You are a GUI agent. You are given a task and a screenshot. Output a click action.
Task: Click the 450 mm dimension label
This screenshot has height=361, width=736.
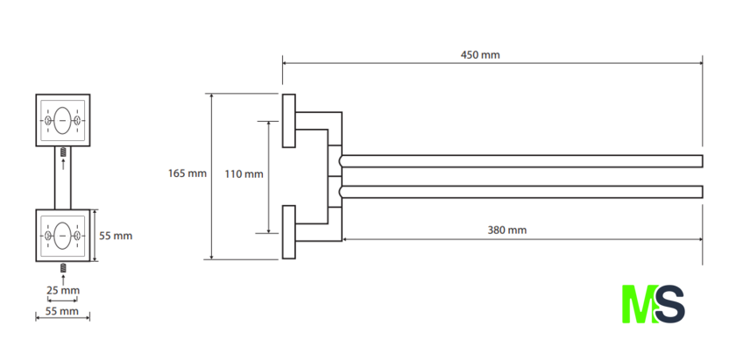pos(480,55)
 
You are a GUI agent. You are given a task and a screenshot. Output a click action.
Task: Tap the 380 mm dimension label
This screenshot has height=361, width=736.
pos(507,230)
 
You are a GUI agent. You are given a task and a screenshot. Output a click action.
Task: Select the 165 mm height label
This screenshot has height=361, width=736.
pos(188,173)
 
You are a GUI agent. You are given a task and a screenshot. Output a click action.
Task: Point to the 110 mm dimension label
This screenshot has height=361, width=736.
pos(244,174)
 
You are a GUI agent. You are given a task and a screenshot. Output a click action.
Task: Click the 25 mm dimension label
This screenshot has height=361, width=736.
pos(63,291)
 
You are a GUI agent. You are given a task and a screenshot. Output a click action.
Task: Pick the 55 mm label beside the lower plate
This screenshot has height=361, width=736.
pos(116,236)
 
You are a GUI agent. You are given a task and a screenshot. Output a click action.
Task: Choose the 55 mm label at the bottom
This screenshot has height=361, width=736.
pos(62,311)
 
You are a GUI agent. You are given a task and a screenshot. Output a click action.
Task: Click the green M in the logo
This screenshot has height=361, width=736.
pos(640,304)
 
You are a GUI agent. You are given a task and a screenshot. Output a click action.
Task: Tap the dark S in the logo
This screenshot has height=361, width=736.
pos(670,304)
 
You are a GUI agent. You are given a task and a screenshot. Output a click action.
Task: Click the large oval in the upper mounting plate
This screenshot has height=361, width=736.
pos(62,121)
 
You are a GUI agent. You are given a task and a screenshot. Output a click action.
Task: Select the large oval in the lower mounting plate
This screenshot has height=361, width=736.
pos(62,236)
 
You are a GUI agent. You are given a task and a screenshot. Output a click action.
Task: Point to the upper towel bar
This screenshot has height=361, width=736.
pos(521,161)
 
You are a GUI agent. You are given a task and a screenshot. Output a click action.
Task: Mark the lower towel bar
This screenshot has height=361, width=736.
pos(521,192)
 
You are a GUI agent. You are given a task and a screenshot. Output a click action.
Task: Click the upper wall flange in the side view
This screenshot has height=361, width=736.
pos(288,121)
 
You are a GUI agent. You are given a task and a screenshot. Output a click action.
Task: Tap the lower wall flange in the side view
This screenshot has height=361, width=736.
pos(288,232)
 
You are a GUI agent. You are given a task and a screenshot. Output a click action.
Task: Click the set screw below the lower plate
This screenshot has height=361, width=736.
pos(63,268)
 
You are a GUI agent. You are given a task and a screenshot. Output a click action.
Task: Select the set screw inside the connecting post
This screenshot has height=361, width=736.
pos(63,152)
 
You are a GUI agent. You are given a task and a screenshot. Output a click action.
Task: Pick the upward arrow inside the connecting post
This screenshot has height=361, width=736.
pos(63,164)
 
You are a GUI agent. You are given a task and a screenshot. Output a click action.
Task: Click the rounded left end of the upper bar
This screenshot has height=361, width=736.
pos(340,161)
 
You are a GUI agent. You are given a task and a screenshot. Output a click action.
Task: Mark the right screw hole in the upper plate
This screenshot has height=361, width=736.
pos(77,121)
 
